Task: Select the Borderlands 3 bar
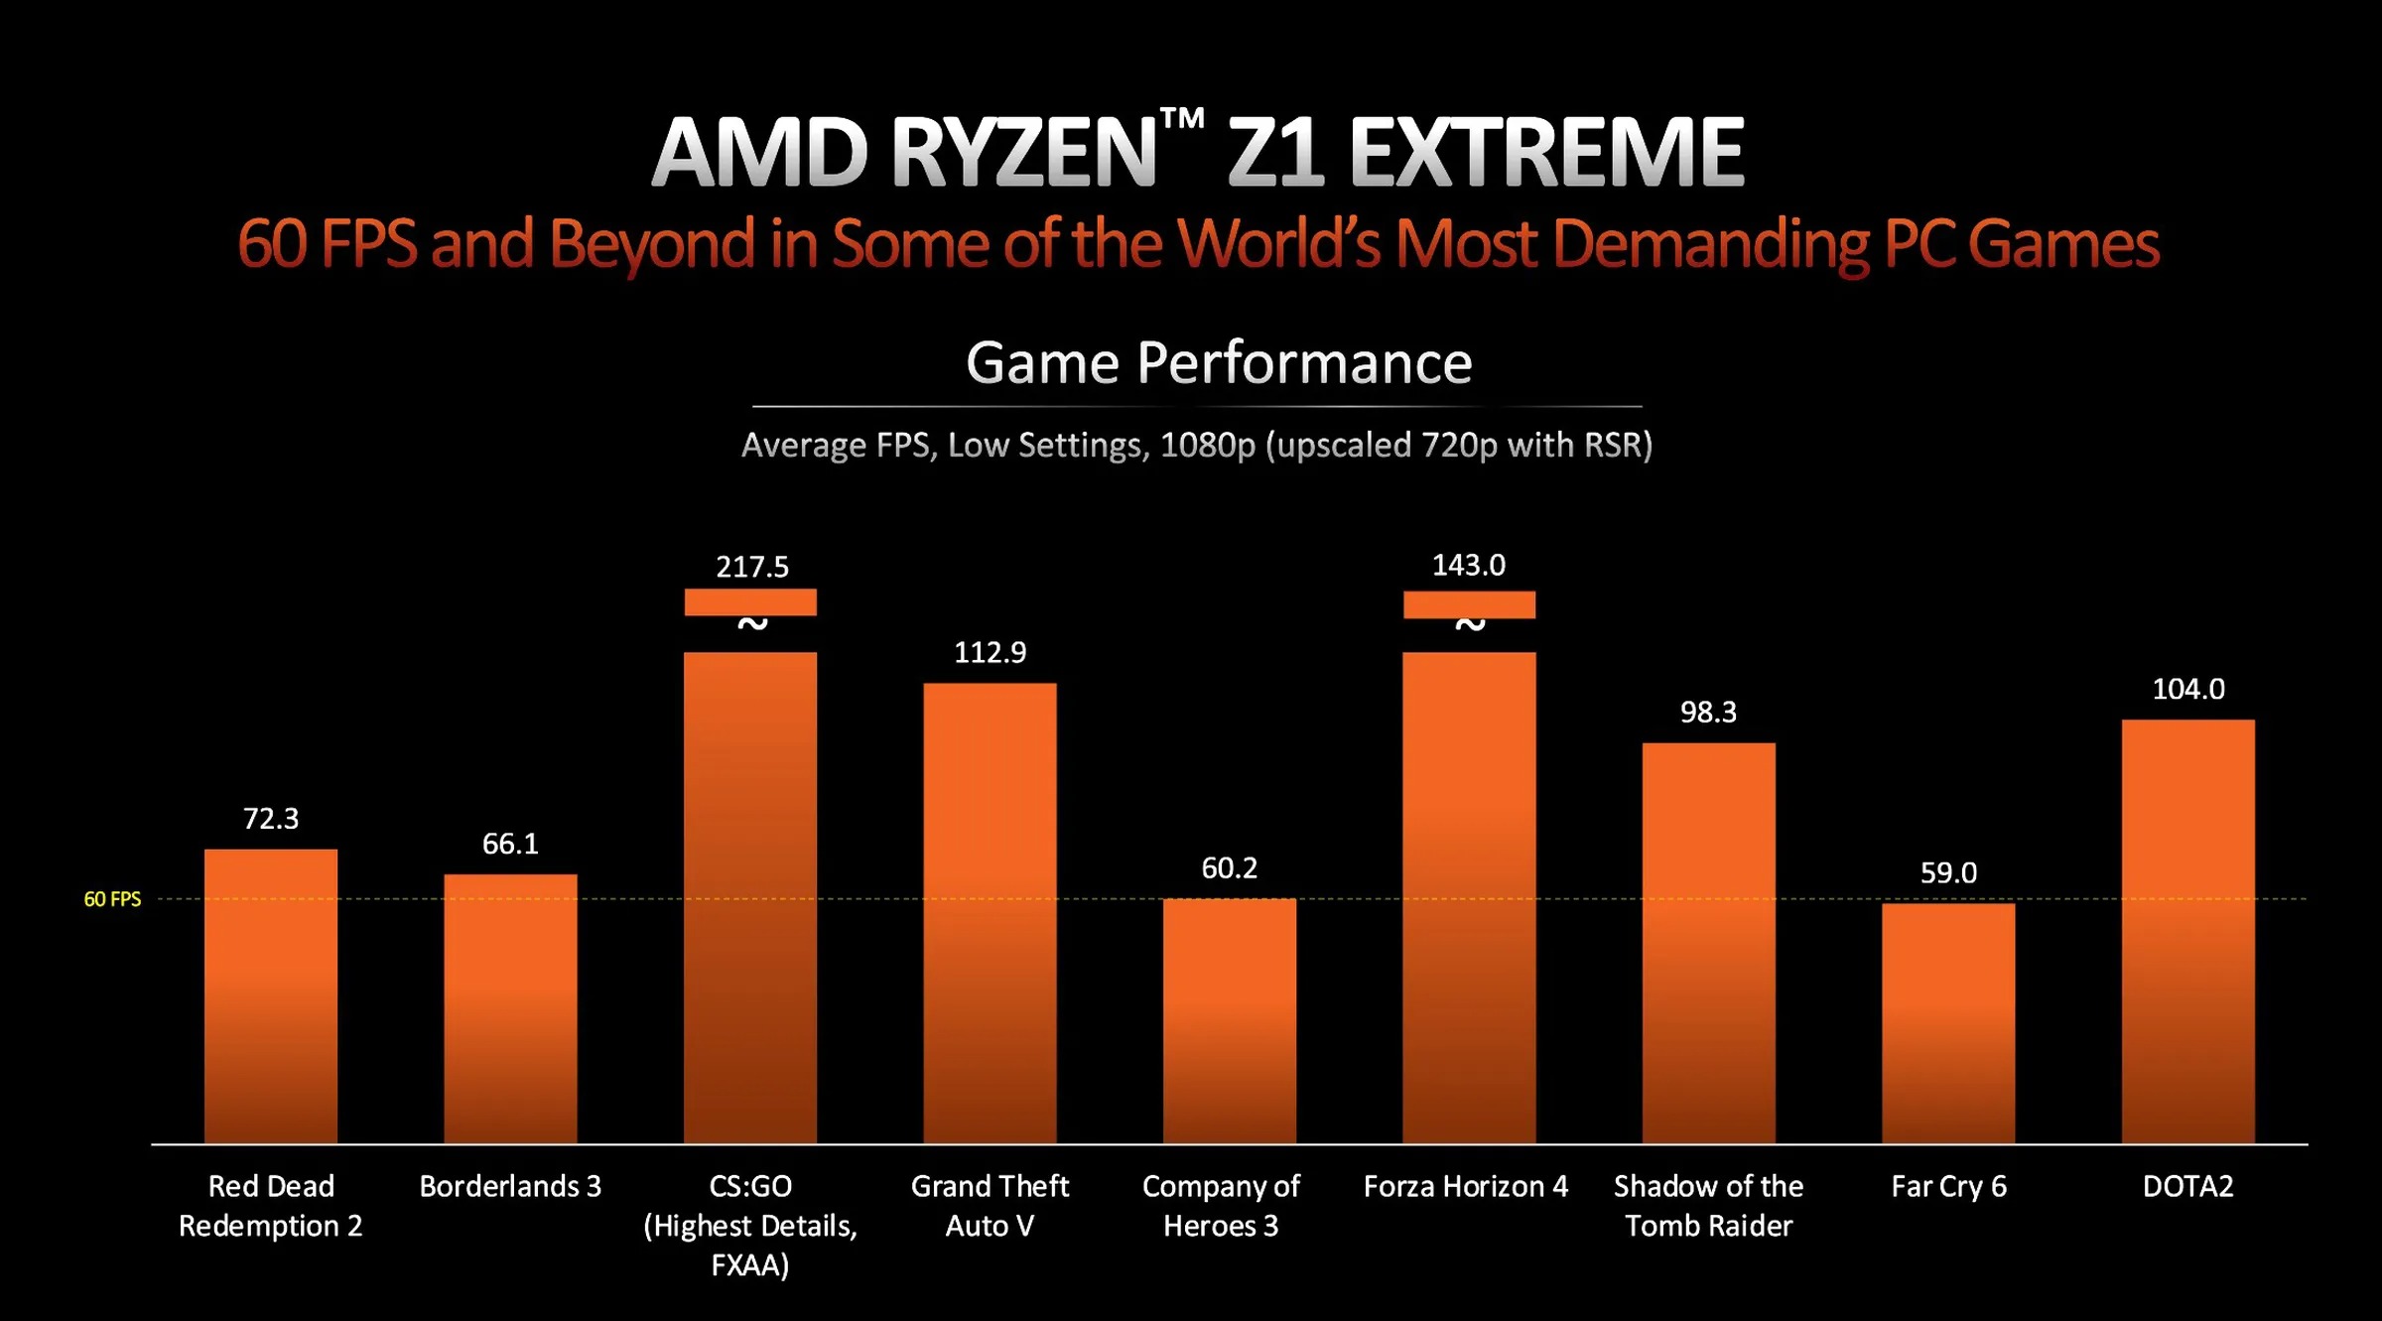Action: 510,1008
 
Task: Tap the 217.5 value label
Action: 752,567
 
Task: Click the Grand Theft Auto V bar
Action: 990,913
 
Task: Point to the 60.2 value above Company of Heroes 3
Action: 1229,868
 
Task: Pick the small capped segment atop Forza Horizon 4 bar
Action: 1469,604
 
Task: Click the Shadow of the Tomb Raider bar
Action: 1708,943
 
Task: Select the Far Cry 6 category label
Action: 1948,1186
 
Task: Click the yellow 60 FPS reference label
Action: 112,899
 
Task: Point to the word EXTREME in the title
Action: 1545,154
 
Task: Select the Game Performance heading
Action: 1218,363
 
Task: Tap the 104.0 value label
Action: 2187,689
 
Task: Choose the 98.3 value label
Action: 1708,712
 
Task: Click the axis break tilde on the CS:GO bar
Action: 752,624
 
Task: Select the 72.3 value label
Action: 271,819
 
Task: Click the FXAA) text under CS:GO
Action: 750,1265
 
